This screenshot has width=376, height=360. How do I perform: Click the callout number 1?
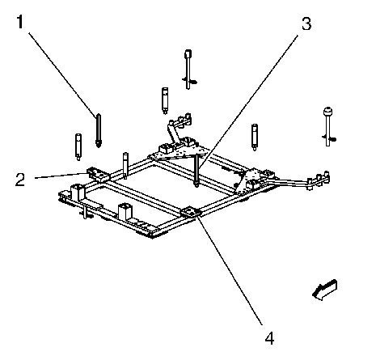20,22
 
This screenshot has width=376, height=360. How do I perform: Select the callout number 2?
20,180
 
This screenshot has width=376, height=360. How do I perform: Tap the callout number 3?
306,23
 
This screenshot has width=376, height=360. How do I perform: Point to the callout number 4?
269,338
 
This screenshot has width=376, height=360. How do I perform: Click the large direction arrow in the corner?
325,290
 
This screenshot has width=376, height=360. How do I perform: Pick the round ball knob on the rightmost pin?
327,112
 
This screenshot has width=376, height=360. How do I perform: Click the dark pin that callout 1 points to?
99,130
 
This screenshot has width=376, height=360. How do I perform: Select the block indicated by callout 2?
98,174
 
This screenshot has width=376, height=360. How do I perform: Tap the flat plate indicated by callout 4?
191,212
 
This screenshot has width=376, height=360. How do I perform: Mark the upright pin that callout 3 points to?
197,170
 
